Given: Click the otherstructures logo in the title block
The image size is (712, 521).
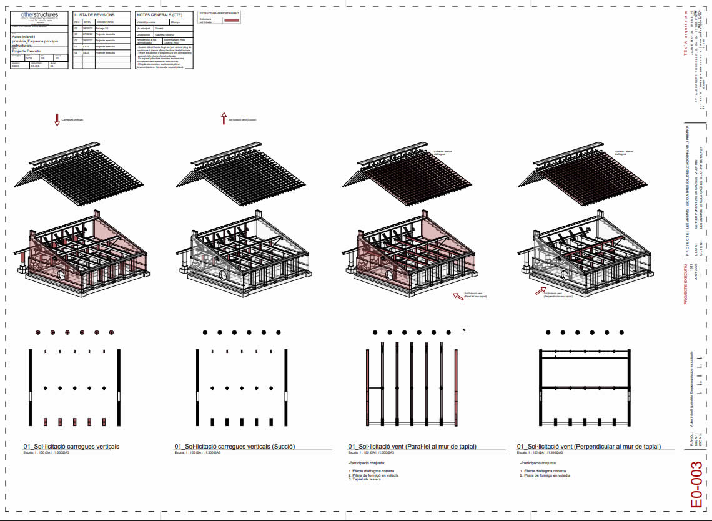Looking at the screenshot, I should (x=39, y=14).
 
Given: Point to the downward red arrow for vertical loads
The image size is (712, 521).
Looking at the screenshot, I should (x=57, y=119).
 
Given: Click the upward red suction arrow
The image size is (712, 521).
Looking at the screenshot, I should (x=223, y=118).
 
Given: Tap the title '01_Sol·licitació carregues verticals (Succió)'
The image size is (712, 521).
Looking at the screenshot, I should (x=234, y=447).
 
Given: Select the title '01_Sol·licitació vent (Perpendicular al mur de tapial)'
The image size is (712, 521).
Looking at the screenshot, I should (x=588, y=447).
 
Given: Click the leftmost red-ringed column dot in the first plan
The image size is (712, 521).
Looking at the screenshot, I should (x=38, y=332).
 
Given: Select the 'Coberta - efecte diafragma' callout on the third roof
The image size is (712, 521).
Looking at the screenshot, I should (x=445, y=153).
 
